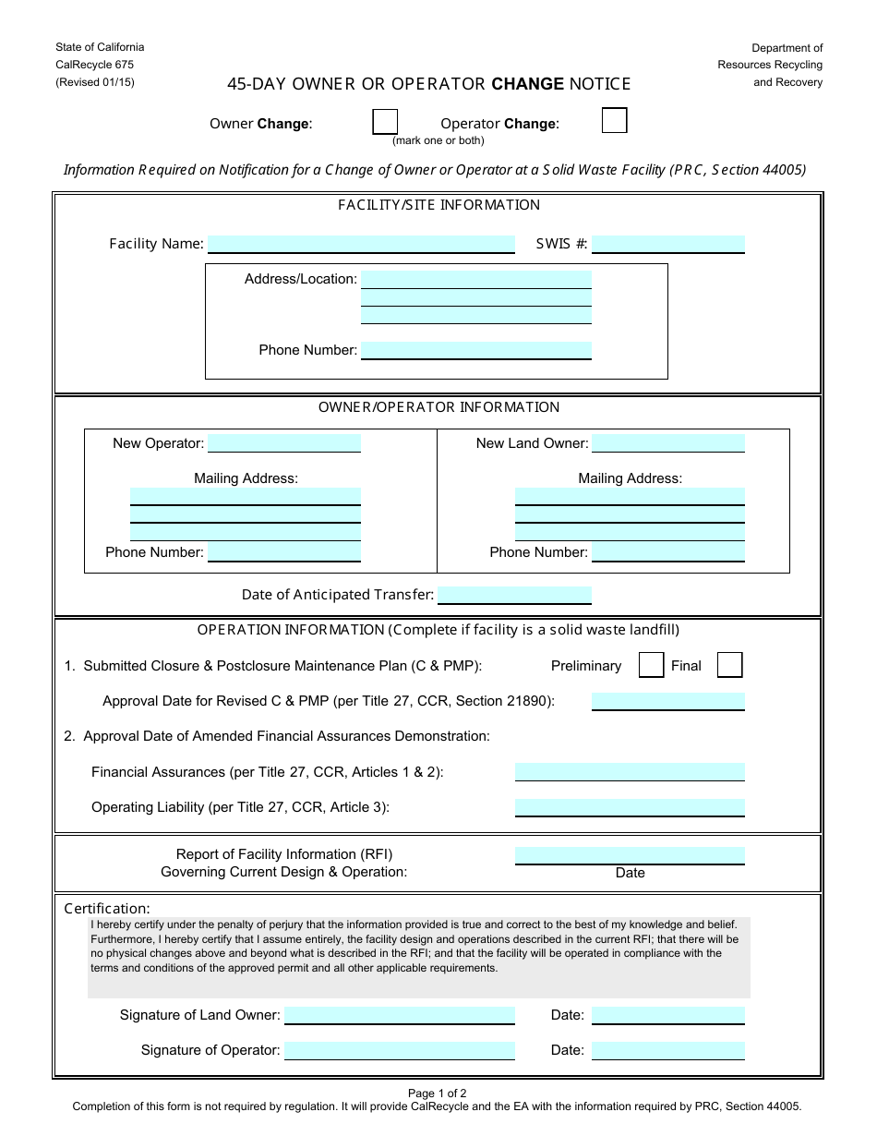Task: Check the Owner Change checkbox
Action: (x=385, y=122)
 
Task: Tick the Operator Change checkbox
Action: (x=614, y=121)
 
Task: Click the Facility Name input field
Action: (x=361, y=244)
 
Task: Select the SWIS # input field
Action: (x=668, y=244)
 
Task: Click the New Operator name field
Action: (x=284, y=443)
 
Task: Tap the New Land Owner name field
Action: (x=668, y=443)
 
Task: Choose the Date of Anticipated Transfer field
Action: (x=514, y=595)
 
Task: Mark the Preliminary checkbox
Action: (x=652, y=665)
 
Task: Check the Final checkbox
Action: (x=729, y=665)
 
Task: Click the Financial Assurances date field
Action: (x=630, y=772)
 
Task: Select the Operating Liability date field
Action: (x=630, y=807)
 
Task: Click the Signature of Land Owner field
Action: (x=400, y=1015)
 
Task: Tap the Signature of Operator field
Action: (x=400, y=1050)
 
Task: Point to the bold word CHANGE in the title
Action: (x=527, y=84)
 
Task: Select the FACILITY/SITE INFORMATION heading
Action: (x=438, y=205)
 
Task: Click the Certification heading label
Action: (x=107, y=909)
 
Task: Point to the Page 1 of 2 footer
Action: (x=438, y=1093)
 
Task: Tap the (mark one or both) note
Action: (x=438, y=140)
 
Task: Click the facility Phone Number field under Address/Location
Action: (x=476, y=350)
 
